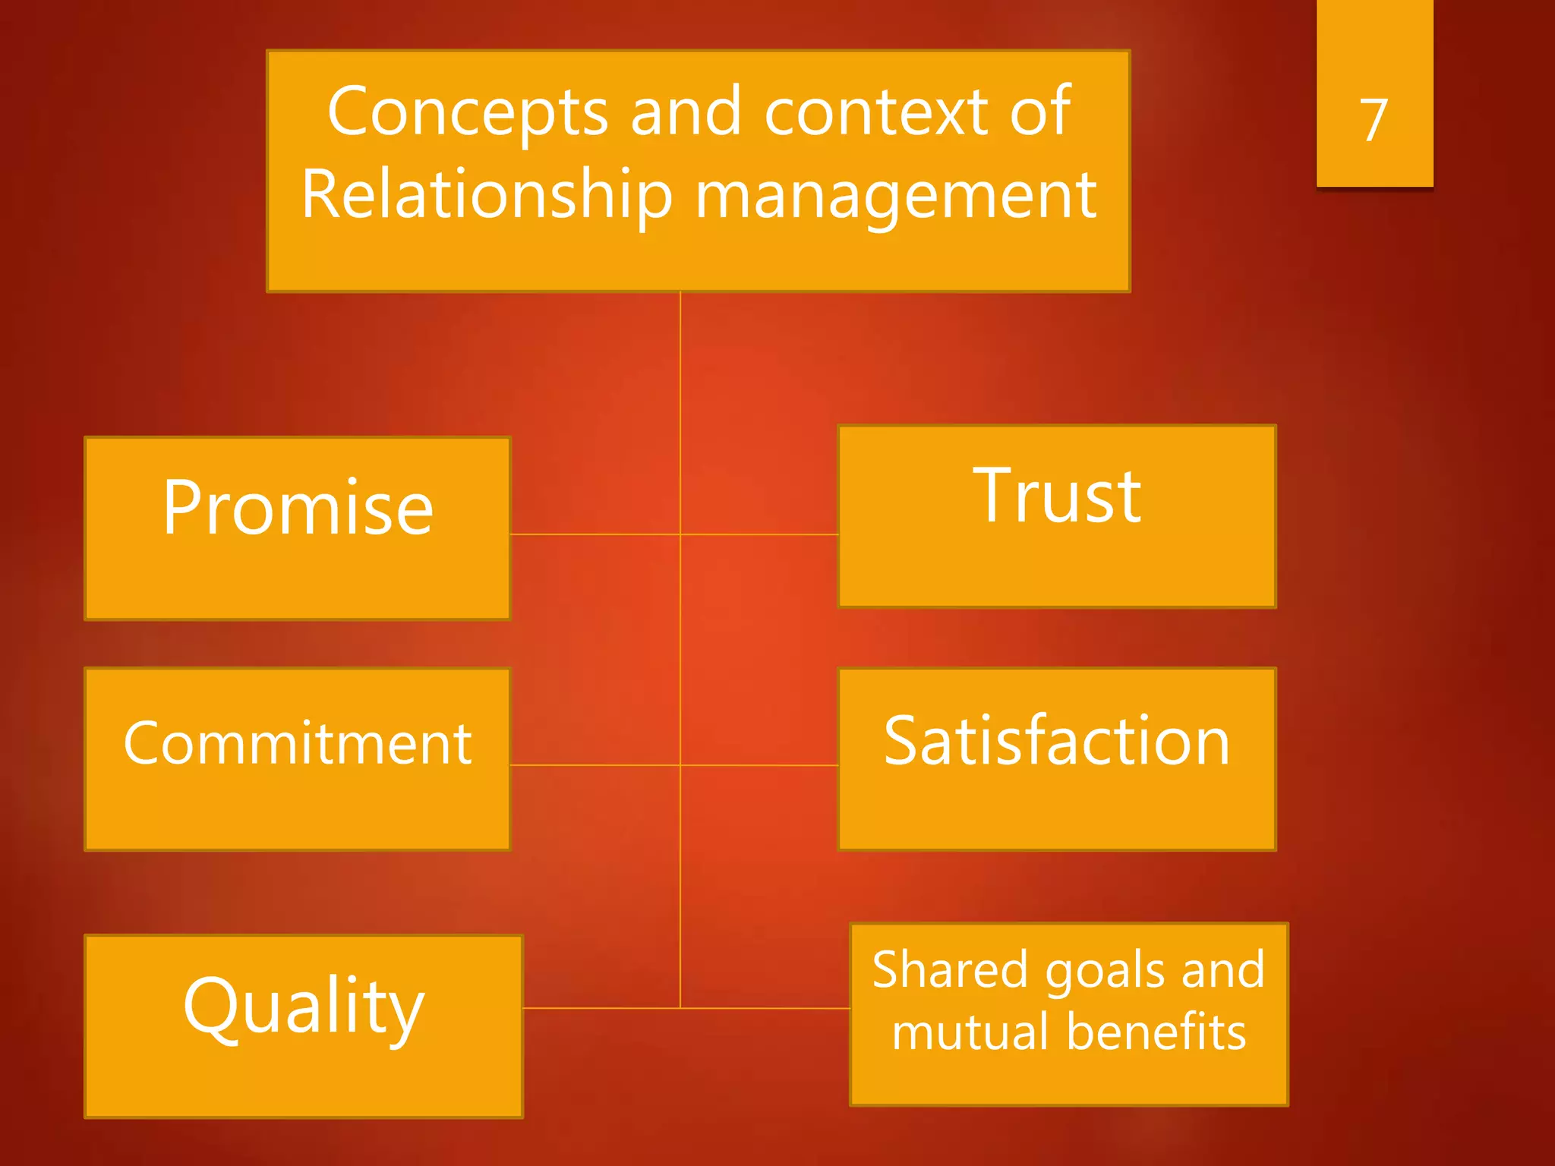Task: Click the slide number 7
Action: click(x=1374, y=120)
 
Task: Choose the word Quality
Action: click(x=303, y=1005)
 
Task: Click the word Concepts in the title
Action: click(x=468, y=112)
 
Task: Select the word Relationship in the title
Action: click(x=487, y=195)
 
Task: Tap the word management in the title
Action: click(x=896, y=195)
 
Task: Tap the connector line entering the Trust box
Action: click(x=759, y=534)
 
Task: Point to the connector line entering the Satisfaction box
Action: click(x=759, y=765)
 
